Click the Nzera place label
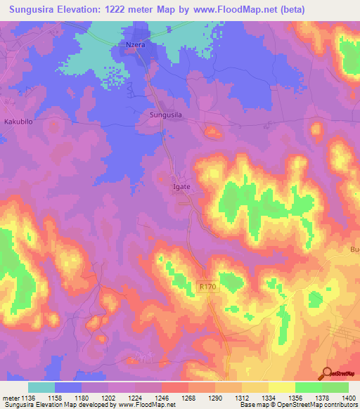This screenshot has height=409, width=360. [135, 44]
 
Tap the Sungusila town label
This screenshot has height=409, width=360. [167, 114]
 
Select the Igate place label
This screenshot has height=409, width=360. [181, 188]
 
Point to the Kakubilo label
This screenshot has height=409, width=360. [19, 122]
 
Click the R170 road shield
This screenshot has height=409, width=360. [207, 287]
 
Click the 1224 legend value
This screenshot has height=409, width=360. [146, 398]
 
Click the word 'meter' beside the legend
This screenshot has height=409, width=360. [11, 398]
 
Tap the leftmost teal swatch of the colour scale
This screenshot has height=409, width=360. [41, 387]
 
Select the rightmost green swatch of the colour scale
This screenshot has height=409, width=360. [335, 387]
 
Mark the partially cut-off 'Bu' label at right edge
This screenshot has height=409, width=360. [354, 249]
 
